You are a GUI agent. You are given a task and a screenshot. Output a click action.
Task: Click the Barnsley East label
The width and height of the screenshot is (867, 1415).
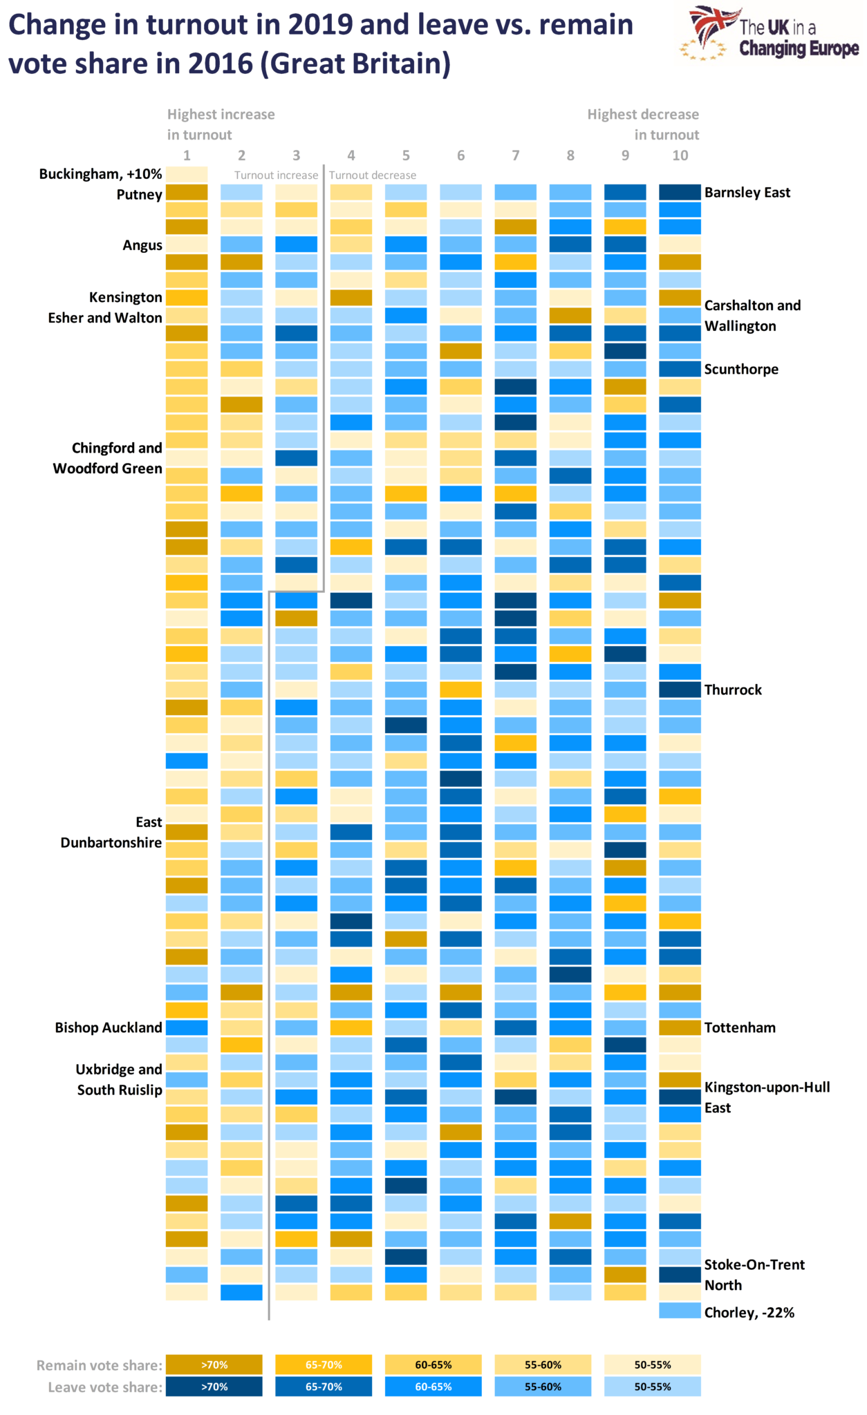[747, 193]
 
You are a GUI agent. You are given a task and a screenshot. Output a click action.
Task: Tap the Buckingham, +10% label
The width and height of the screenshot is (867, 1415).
[100, 174]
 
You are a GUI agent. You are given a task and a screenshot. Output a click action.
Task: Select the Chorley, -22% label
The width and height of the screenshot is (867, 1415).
[749, 1312]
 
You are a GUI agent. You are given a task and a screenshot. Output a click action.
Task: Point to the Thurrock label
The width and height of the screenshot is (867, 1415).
[732, 690]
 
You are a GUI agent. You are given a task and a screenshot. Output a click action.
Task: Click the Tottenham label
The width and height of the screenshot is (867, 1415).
[739, 1027]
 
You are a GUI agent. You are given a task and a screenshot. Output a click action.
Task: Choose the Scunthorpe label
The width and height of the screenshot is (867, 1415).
[740, 369]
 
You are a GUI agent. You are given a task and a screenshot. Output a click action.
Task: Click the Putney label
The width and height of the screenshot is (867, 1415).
[139, 195]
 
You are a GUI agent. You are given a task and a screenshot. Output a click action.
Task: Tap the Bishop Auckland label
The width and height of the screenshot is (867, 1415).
[108, 1027]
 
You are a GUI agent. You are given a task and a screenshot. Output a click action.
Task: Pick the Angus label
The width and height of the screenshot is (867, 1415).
[142, 245]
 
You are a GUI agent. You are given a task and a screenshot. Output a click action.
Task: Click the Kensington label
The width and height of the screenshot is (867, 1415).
[125, 297]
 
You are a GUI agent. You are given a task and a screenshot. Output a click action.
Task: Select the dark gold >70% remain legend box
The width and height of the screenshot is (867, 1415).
[214, 1365]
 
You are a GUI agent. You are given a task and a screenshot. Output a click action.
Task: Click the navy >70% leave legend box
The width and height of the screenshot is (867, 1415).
[214, 1387]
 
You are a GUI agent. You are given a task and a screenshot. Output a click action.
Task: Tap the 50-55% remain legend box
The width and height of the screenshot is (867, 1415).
[652, 1365]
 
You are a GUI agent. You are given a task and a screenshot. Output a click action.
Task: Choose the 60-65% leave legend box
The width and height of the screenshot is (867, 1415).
[433, 1387]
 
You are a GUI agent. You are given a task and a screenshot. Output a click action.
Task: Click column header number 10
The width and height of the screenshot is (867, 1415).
[680, 155]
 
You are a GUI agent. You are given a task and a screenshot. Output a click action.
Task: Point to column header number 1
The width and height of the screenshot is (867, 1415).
[187, 155]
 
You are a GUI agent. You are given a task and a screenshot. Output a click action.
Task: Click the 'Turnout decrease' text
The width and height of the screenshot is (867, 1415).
[372, 175]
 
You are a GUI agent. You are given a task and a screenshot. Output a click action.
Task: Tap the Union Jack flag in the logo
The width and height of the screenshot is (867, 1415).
[712, 24]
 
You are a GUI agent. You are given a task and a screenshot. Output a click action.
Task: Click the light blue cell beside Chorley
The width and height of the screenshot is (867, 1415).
[679, 1310]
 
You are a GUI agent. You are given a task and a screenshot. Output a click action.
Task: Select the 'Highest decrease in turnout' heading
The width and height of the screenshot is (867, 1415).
[643, 124]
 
